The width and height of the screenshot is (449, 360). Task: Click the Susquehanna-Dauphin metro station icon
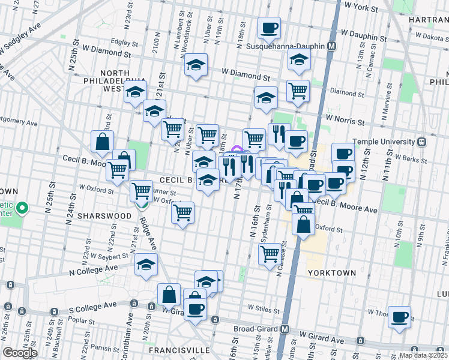pos(331,46)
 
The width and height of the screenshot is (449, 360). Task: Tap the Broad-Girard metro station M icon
pos(286,330)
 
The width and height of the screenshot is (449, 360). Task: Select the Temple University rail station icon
pos(422,142)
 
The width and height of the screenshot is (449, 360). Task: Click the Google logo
pos(20,352)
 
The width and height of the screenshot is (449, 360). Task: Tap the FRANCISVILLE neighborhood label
pos(179,350)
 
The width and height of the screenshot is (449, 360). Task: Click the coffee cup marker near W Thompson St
pos(399,316)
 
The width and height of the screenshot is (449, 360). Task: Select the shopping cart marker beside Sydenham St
pos(270,253)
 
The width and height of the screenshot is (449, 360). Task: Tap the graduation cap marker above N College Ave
pos(146,264)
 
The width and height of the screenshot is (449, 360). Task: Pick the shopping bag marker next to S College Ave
pos(169,294)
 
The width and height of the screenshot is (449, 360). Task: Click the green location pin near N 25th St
pos(22,209)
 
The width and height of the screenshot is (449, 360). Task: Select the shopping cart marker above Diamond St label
pos(298,91)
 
